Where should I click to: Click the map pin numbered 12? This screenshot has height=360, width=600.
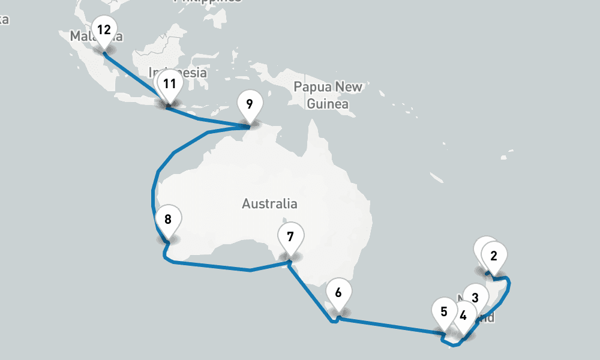[x=104, y=29]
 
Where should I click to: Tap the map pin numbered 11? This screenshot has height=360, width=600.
[x=170, y=84]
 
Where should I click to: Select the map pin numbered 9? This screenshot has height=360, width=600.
[x=250, y=104]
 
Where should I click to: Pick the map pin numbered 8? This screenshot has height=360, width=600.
[x=168, y=219]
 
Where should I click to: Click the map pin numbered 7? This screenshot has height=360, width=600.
[x=290, y=236]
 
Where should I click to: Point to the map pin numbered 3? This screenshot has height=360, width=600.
[x=475, y=297]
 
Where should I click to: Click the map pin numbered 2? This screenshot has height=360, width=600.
[x=494, y=256]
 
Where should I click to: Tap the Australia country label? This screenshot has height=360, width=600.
[x=269, y=203]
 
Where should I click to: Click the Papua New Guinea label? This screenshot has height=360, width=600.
[x=328, y=95]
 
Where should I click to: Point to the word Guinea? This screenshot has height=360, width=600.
[x=328, y=104]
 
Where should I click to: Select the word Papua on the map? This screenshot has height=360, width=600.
[x=312, y=87]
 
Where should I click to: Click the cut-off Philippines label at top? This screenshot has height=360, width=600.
[x=208, y=2]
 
